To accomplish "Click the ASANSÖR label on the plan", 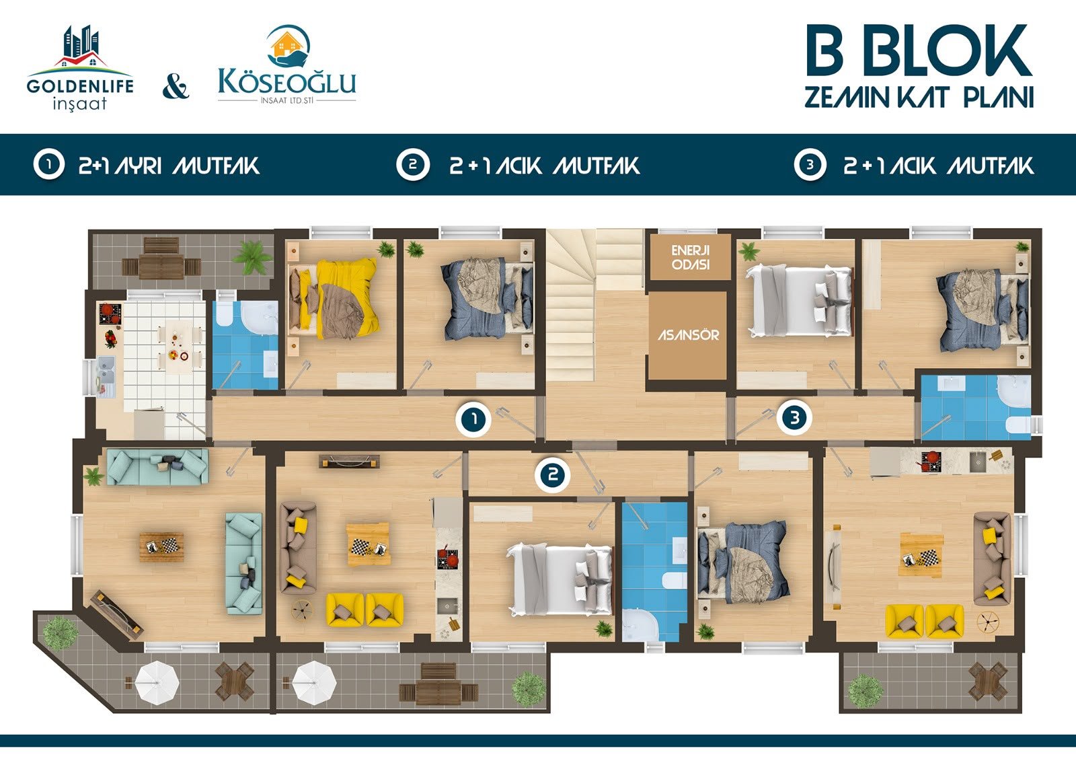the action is (688, 335).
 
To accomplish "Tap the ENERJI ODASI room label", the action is (690, 257).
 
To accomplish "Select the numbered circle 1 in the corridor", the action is (473, 419).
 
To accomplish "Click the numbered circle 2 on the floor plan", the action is (553, 476).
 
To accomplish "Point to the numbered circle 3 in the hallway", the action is (794, 417).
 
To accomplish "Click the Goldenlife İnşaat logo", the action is (80, 68).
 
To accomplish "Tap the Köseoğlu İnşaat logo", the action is (286, 65).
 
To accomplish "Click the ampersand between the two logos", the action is (176, 87).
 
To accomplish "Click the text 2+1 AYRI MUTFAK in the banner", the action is (169, 166).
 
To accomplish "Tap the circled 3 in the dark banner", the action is (810, 165).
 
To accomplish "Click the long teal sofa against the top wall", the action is (157, 466).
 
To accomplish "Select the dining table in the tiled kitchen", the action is (176, 345).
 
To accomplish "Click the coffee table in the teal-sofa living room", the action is (161, 546).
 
